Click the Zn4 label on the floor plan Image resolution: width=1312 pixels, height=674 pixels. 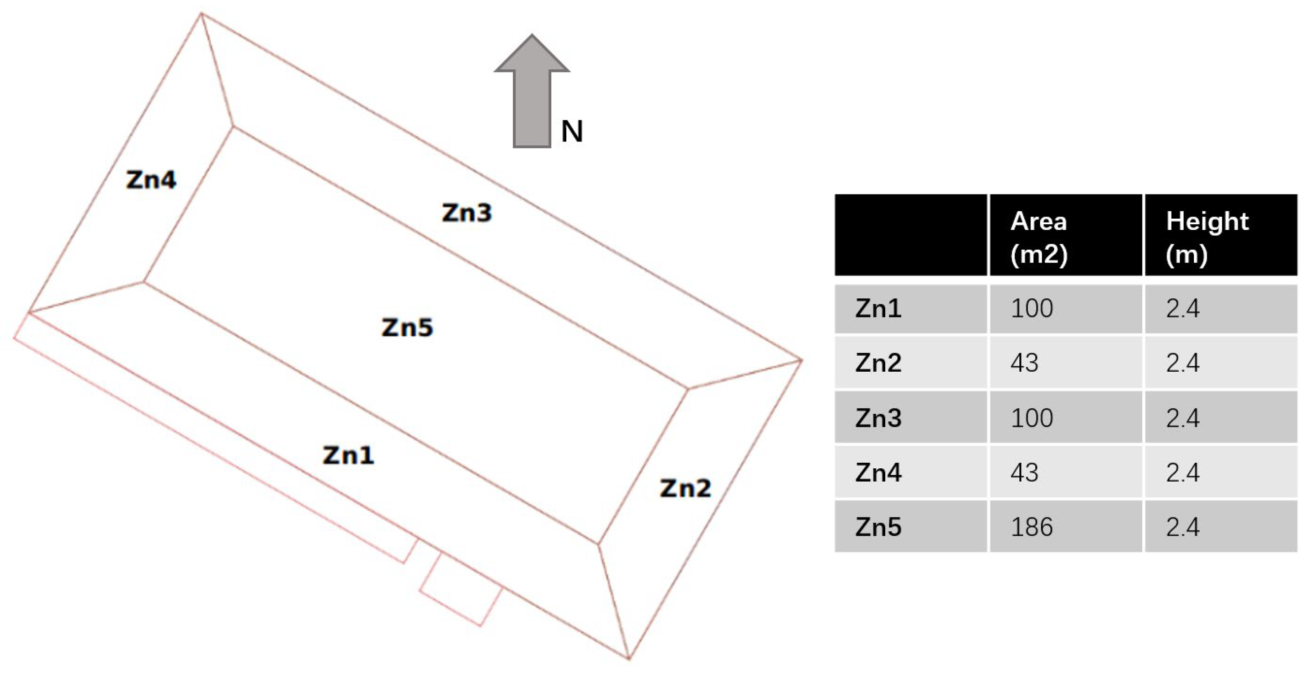tap(151, 180)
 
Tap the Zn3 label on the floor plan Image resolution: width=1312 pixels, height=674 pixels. tap(466, 213)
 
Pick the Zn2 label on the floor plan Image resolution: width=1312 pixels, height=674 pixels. tap(685, 489)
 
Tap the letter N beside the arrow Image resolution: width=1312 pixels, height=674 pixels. tap(572, 132)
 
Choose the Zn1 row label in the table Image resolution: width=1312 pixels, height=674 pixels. tap(878, 309)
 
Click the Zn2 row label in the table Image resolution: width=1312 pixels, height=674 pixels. tap(878, 363)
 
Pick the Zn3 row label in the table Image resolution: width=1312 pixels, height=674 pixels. tap(878, 418)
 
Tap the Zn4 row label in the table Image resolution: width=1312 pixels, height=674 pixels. tap(878, 473)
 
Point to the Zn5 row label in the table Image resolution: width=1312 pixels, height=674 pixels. tap(878, 527)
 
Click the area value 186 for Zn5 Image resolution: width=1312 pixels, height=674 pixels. tap(1031, 527)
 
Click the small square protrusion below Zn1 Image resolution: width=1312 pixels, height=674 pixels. tap(461, 589)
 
